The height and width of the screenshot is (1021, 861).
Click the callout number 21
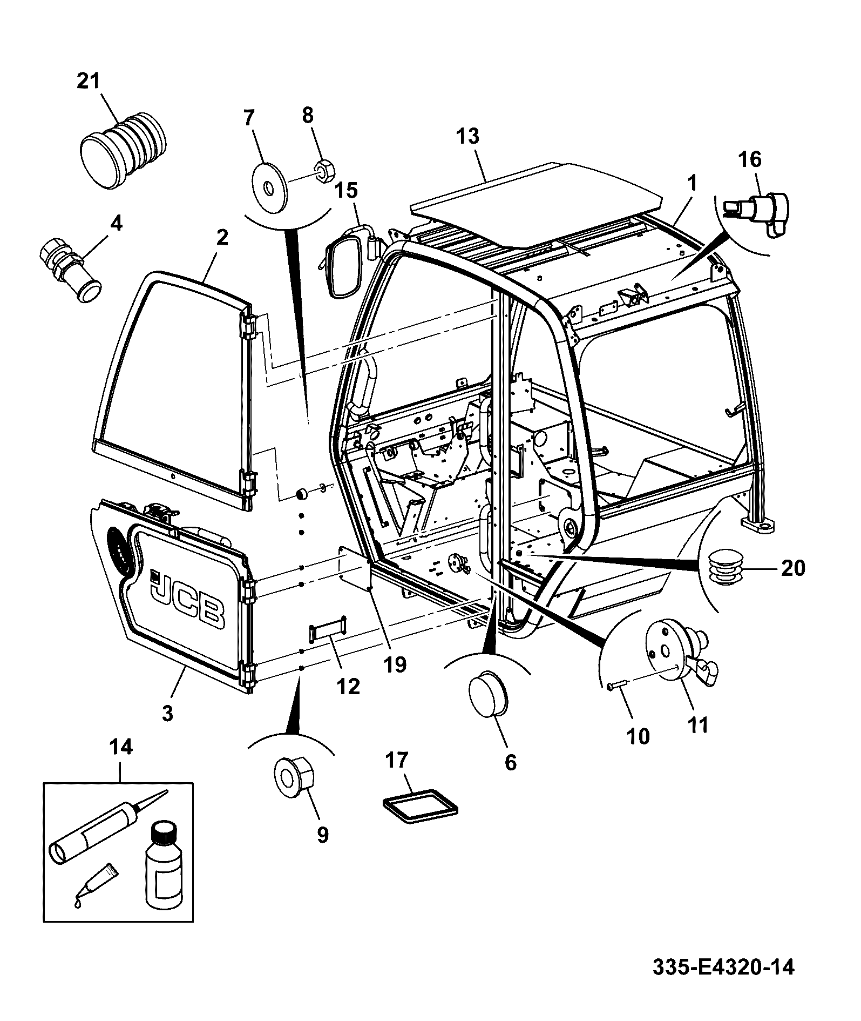[89, 82]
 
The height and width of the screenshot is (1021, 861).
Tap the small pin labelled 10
[615, 685]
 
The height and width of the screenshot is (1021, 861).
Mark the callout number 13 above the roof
[468, 136]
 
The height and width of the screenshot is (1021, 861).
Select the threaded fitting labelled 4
[69, 268]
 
